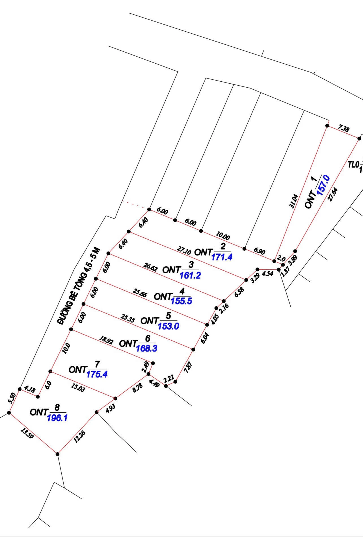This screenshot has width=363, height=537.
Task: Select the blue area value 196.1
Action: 57,418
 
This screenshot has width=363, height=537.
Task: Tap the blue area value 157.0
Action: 323,185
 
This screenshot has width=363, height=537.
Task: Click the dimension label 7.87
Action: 188,368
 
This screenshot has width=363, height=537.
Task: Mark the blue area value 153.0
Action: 168,326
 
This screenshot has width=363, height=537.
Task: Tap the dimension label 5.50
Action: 12,398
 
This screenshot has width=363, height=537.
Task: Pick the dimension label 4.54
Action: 267,274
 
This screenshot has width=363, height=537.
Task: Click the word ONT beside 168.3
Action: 128,344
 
